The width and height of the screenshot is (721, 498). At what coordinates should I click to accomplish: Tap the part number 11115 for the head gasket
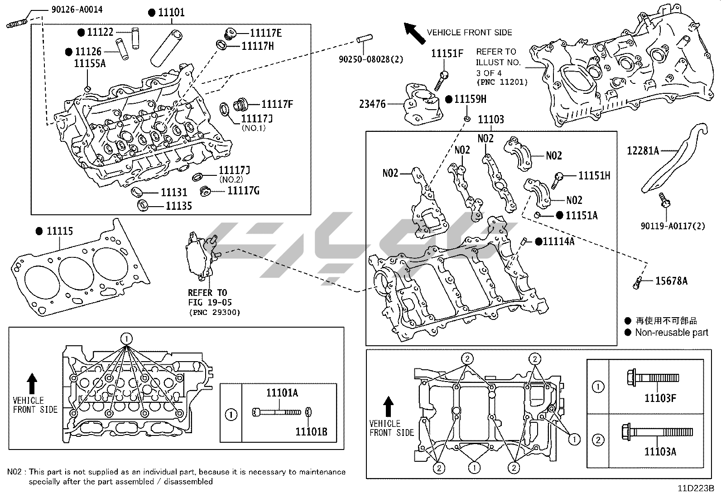coord(59,232)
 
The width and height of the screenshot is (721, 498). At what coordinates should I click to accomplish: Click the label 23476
coord(372,104)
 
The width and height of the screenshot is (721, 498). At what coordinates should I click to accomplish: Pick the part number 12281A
coord(643,150)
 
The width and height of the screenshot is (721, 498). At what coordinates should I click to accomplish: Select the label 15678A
coord(671,281)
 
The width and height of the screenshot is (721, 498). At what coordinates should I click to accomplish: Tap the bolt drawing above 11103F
coord(652,377)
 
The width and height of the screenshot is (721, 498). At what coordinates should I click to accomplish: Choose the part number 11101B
coord(311,432)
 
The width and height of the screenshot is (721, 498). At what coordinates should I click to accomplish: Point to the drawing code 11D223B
coord(696,489)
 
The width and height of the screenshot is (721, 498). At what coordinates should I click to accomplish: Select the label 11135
coord(178,206)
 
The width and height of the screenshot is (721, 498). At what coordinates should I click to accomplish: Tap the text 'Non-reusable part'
coord(671,333)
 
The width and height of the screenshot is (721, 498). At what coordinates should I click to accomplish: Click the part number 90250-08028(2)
coord(370,59)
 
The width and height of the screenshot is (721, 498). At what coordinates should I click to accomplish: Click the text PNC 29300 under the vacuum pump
coord(214,312)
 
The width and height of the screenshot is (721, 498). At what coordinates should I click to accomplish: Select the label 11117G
coord(243,191)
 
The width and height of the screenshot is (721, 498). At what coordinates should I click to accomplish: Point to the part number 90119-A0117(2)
coord(673,226)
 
